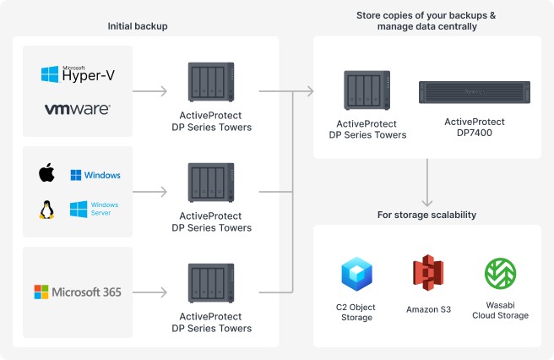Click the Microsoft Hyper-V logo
point(78,74)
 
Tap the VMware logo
point(78,109)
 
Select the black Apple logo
point(46,172)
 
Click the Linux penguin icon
point(46,210)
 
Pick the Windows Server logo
point(94,209)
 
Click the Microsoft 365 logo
point(78,292)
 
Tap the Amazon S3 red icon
point(428,273)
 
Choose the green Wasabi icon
point(500,273)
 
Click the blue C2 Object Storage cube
point(356,274)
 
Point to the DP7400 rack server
point(475,92)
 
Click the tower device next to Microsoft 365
point(211,283)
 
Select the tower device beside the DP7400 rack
point(367,90)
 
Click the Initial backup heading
point(138,26)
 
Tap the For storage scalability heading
point(426,215)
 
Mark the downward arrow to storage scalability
point(427,183)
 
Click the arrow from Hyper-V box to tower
point(149,91)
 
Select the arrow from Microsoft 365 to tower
point(149,292)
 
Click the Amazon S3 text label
point(428,309)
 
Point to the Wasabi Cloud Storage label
point(500,310)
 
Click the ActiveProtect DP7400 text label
point(475,128)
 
